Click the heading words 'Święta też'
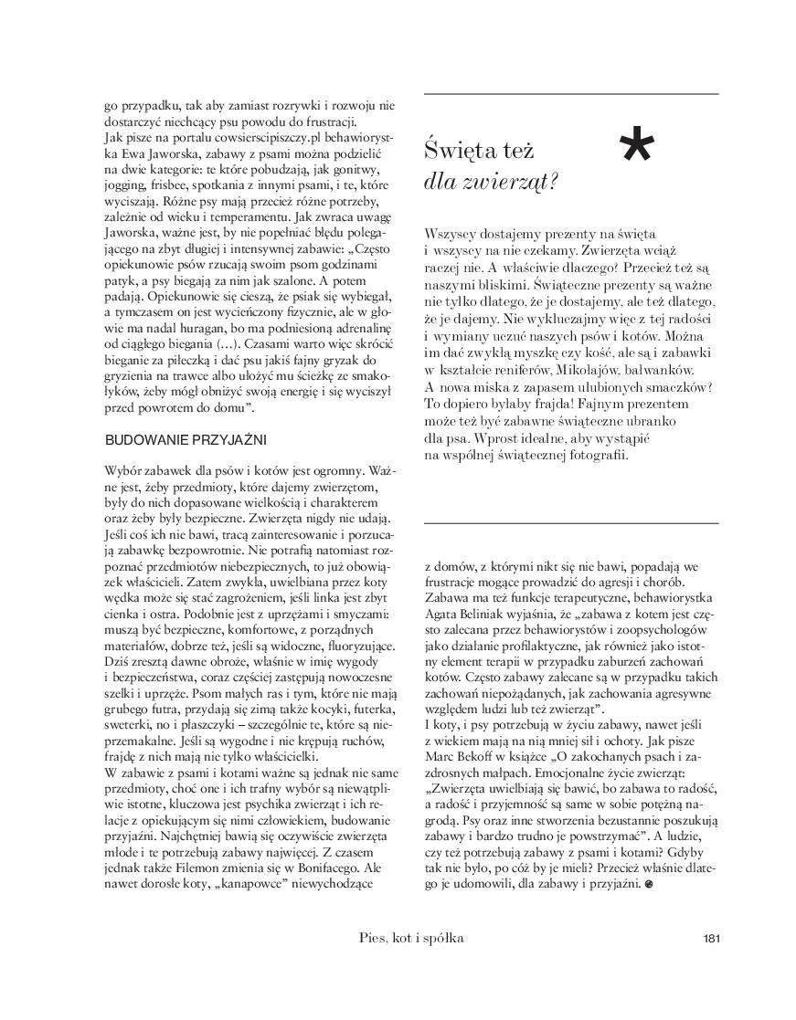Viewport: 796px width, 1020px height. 480,149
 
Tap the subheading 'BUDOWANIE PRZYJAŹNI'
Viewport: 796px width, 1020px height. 186,439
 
